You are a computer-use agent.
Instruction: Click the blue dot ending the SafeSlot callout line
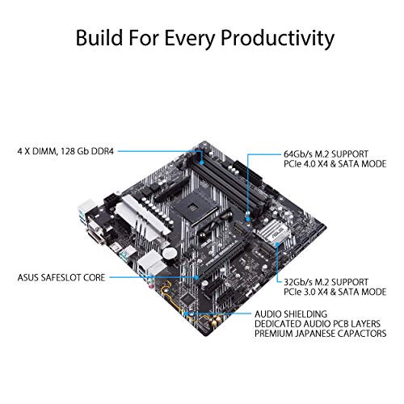click(200, 276)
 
